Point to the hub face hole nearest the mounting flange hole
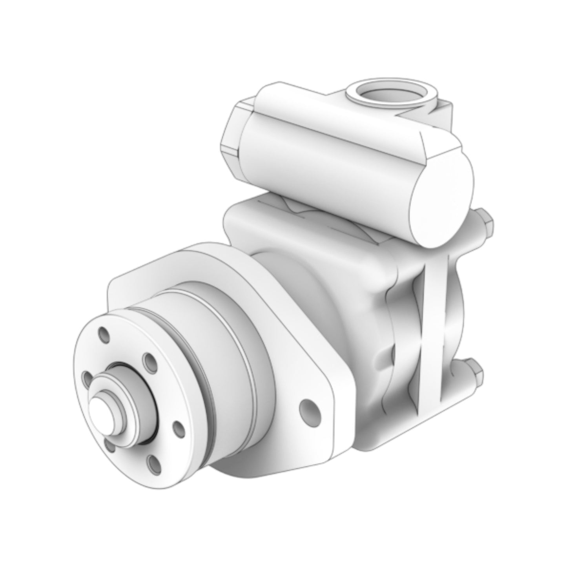tap(179, 429)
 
